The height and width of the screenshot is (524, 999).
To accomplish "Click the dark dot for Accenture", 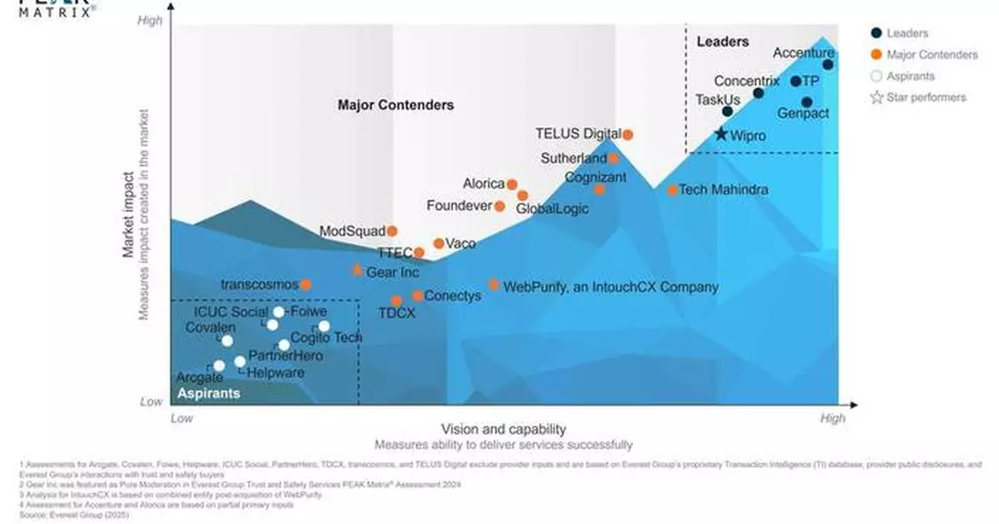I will (x=828, y=64).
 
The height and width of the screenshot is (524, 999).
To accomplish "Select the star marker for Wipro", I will (x=721, y=133).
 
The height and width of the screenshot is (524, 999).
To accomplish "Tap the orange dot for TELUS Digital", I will (x=629, y=134).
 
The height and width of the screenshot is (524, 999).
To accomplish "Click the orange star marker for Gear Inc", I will (x=357, y=270).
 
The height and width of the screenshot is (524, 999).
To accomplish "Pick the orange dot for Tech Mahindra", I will (x=672, y=190).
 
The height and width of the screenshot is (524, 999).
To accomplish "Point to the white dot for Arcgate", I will (x=219, y=366).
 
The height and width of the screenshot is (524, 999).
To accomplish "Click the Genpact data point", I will (x=806, y=102).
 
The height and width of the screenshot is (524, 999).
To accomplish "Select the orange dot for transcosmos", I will (x=306, y=285).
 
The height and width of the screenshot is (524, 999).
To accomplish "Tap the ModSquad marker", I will (x=392, y=231).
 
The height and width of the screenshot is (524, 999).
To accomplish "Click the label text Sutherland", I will (x=574, y=157).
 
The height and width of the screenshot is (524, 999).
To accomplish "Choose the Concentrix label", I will (x=747, y=81).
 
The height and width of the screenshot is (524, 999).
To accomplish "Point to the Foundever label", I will (x=460, y=206).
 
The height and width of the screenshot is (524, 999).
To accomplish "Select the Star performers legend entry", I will (x=927, y=97).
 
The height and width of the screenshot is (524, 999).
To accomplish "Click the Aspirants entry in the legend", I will (x=911, y=76).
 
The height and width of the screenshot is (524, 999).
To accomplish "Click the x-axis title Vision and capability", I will (x=503, y=429).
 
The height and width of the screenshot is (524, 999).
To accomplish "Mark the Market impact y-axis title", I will (x=129, y=215).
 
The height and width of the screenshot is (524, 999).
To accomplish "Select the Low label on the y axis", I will (x=151, y=402).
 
